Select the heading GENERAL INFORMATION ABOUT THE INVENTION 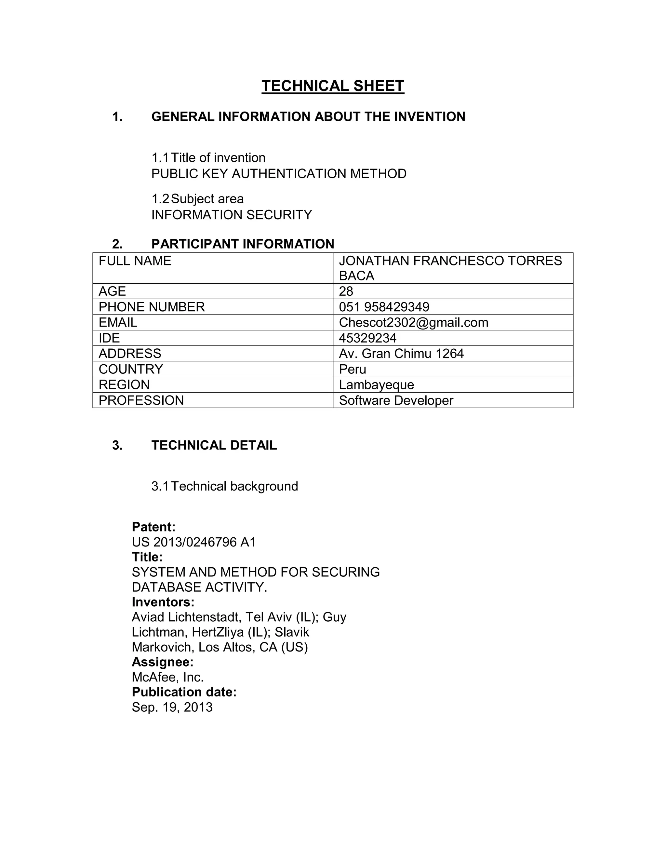(308, 117)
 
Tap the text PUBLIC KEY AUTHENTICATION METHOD (279, 174)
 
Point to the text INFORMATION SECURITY (232, 215)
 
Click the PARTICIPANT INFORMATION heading (243, 244)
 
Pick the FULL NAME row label (135, 261)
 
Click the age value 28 (346, 291)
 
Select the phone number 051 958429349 (384, 307)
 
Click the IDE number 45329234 (367, 338)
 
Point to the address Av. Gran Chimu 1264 (401, 354)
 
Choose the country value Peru (352, 370)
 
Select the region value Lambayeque (376, 385)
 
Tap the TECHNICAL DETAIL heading (214, 445)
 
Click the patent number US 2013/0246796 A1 (194, 542)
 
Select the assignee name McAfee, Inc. (168, 677)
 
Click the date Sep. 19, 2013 (172, 707)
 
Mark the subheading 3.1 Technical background (224, 486)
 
